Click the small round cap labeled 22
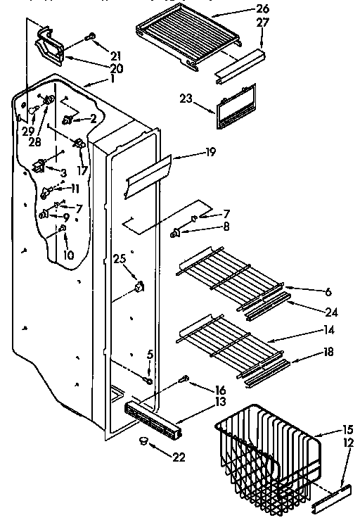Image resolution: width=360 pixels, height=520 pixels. point(146,441)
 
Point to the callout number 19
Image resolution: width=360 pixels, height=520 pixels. point(191,151)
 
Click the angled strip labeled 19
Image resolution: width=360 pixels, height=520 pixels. point(148,175)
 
